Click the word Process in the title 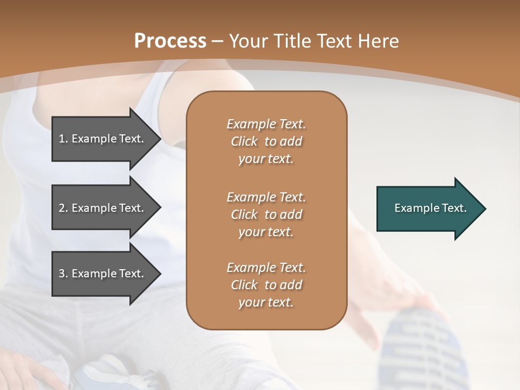(170, 41)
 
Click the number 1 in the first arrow (62, 139)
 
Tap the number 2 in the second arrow (62, 208)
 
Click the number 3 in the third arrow (62, 274)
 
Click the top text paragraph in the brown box (266, 141)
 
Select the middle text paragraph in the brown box (266, 214)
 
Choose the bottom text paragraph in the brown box (266, 285)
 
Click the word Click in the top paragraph (244, 141)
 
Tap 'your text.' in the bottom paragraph (266, 302)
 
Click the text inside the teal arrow (431, 208)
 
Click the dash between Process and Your (218, 41)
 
